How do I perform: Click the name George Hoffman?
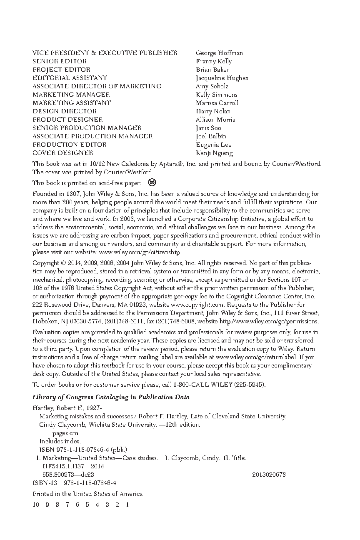219,53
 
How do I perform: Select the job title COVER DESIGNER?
63,153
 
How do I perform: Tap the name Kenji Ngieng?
214,153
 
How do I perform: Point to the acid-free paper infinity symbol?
152,182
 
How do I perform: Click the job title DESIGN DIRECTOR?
65,111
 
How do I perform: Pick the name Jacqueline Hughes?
222,78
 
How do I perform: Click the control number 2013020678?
269,475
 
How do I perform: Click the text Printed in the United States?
87,494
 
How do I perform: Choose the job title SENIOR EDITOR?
60,61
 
